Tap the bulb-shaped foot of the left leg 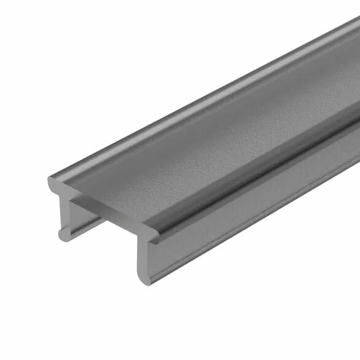pos(62,234)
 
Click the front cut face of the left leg pos(64,212)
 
